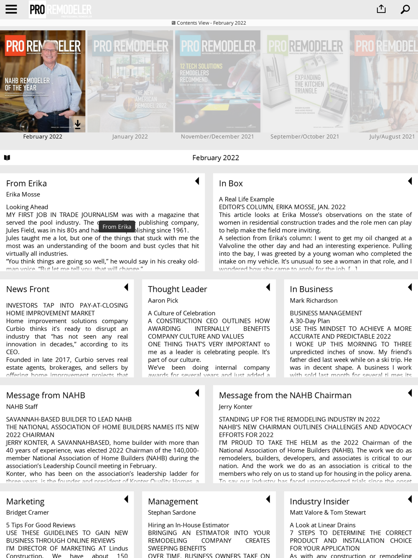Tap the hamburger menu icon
point(11,9)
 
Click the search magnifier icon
point(405,9)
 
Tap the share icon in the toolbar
point(381,9)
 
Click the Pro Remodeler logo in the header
point(61,10)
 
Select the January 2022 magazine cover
point(130,81)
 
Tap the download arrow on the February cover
point(78,124)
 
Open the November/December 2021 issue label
point(217,136)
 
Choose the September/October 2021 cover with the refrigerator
point(305,81)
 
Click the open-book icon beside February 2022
point(7,158)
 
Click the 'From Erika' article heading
point(26,183)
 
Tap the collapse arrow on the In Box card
point(410,181)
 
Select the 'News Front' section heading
point(28,289)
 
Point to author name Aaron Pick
point(163,300)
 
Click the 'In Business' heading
point(311,289)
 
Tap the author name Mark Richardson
point(313,300)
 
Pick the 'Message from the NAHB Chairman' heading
point(285,395)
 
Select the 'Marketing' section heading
point(25,501)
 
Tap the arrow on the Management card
point(268,499)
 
